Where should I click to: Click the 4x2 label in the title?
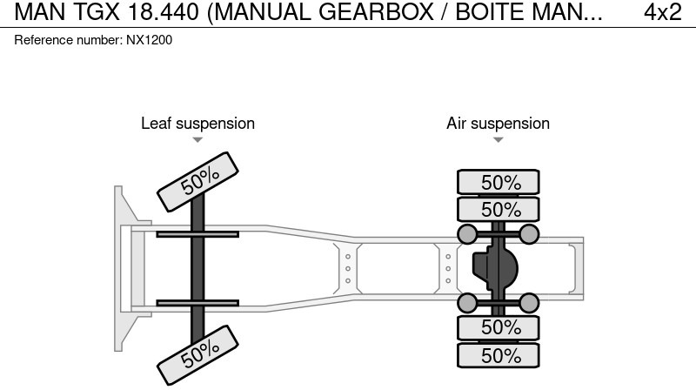point(663,12)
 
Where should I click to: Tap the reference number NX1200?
point(94,40)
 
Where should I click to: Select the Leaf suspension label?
point(197,124)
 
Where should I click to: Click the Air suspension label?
point(498,124)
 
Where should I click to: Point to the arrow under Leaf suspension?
point(197,139)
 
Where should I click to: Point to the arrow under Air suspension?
point(498,139)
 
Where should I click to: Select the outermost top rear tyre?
point(499,182)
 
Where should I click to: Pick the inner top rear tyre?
point(499,209)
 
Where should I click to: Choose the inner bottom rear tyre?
point(499,327)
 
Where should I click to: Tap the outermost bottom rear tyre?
point(499,354)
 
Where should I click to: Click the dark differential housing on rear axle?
point(496,267)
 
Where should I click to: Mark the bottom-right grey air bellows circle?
point(529,302)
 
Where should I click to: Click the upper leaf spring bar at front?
point(197,233)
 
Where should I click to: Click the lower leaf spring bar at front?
point(197,303)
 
